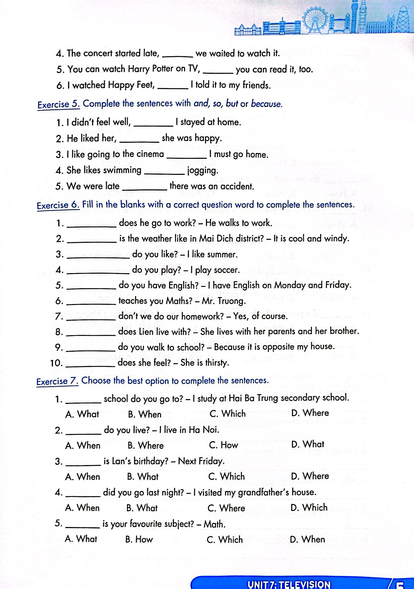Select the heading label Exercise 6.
pos(58,205)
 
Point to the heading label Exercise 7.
pos(58,382)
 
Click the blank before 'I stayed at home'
pos(153,125)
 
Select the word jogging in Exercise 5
pos(203,171)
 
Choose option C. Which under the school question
pos(228,414)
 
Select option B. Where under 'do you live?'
pos(146,445)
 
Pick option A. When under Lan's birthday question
pos(83,477)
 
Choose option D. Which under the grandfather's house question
pos(309,507)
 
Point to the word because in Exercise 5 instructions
pos(266,104)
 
